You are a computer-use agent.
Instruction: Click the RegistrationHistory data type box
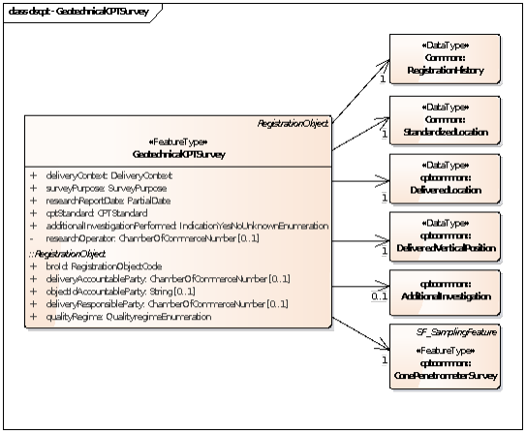tap(445, 60)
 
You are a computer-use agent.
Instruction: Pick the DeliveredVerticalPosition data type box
tap(445, 238)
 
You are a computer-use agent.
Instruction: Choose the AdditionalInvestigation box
tap(445, 292)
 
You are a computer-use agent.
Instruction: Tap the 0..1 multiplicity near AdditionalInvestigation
tap(379, 296)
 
